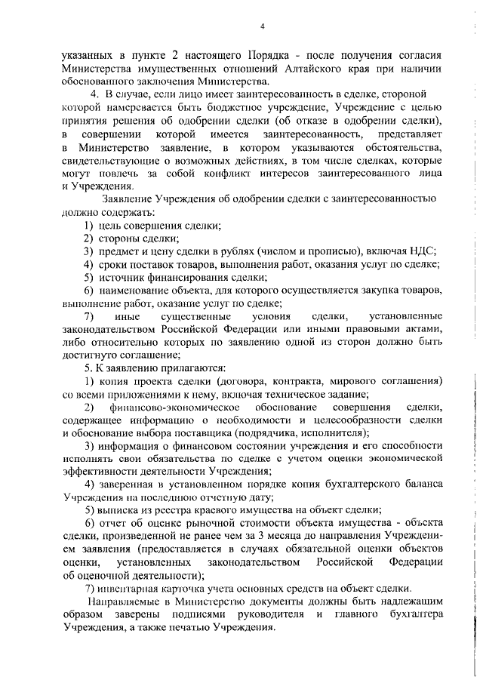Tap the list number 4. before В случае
94,95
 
